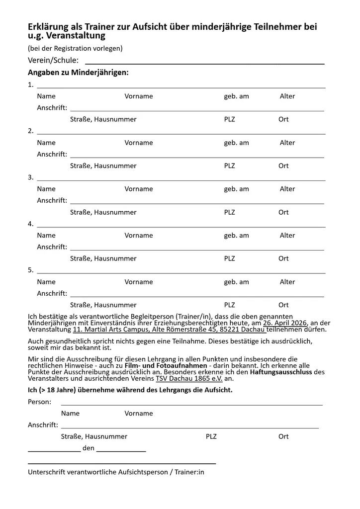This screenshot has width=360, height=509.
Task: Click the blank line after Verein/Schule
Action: (204, 64)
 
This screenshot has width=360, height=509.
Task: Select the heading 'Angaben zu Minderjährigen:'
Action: (78, 73)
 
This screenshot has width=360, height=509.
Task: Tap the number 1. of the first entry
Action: (31, 85)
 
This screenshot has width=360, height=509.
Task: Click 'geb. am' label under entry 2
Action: (236, 143)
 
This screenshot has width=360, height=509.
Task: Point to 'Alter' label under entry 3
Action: (287, 189)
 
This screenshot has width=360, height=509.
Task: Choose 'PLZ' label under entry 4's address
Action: (229, 258)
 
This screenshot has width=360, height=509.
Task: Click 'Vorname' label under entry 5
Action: (139, 282)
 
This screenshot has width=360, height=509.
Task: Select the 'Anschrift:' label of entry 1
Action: (52, 108)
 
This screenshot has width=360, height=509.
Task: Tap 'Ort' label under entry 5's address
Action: (283, 305)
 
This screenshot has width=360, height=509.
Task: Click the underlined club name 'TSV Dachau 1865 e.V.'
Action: (182, 378)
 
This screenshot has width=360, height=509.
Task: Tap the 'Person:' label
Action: (39, 402)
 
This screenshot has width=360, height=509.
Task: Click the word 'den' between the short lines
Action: (89, 448)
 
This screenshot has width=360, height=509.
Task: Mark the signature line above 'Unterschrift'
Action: (122, 463)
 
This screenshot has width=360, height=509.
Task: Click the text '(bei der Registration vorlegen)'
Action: (75, 48)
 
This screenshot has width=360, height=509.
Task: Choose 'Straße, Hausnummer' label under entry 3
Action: (103, 212)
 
